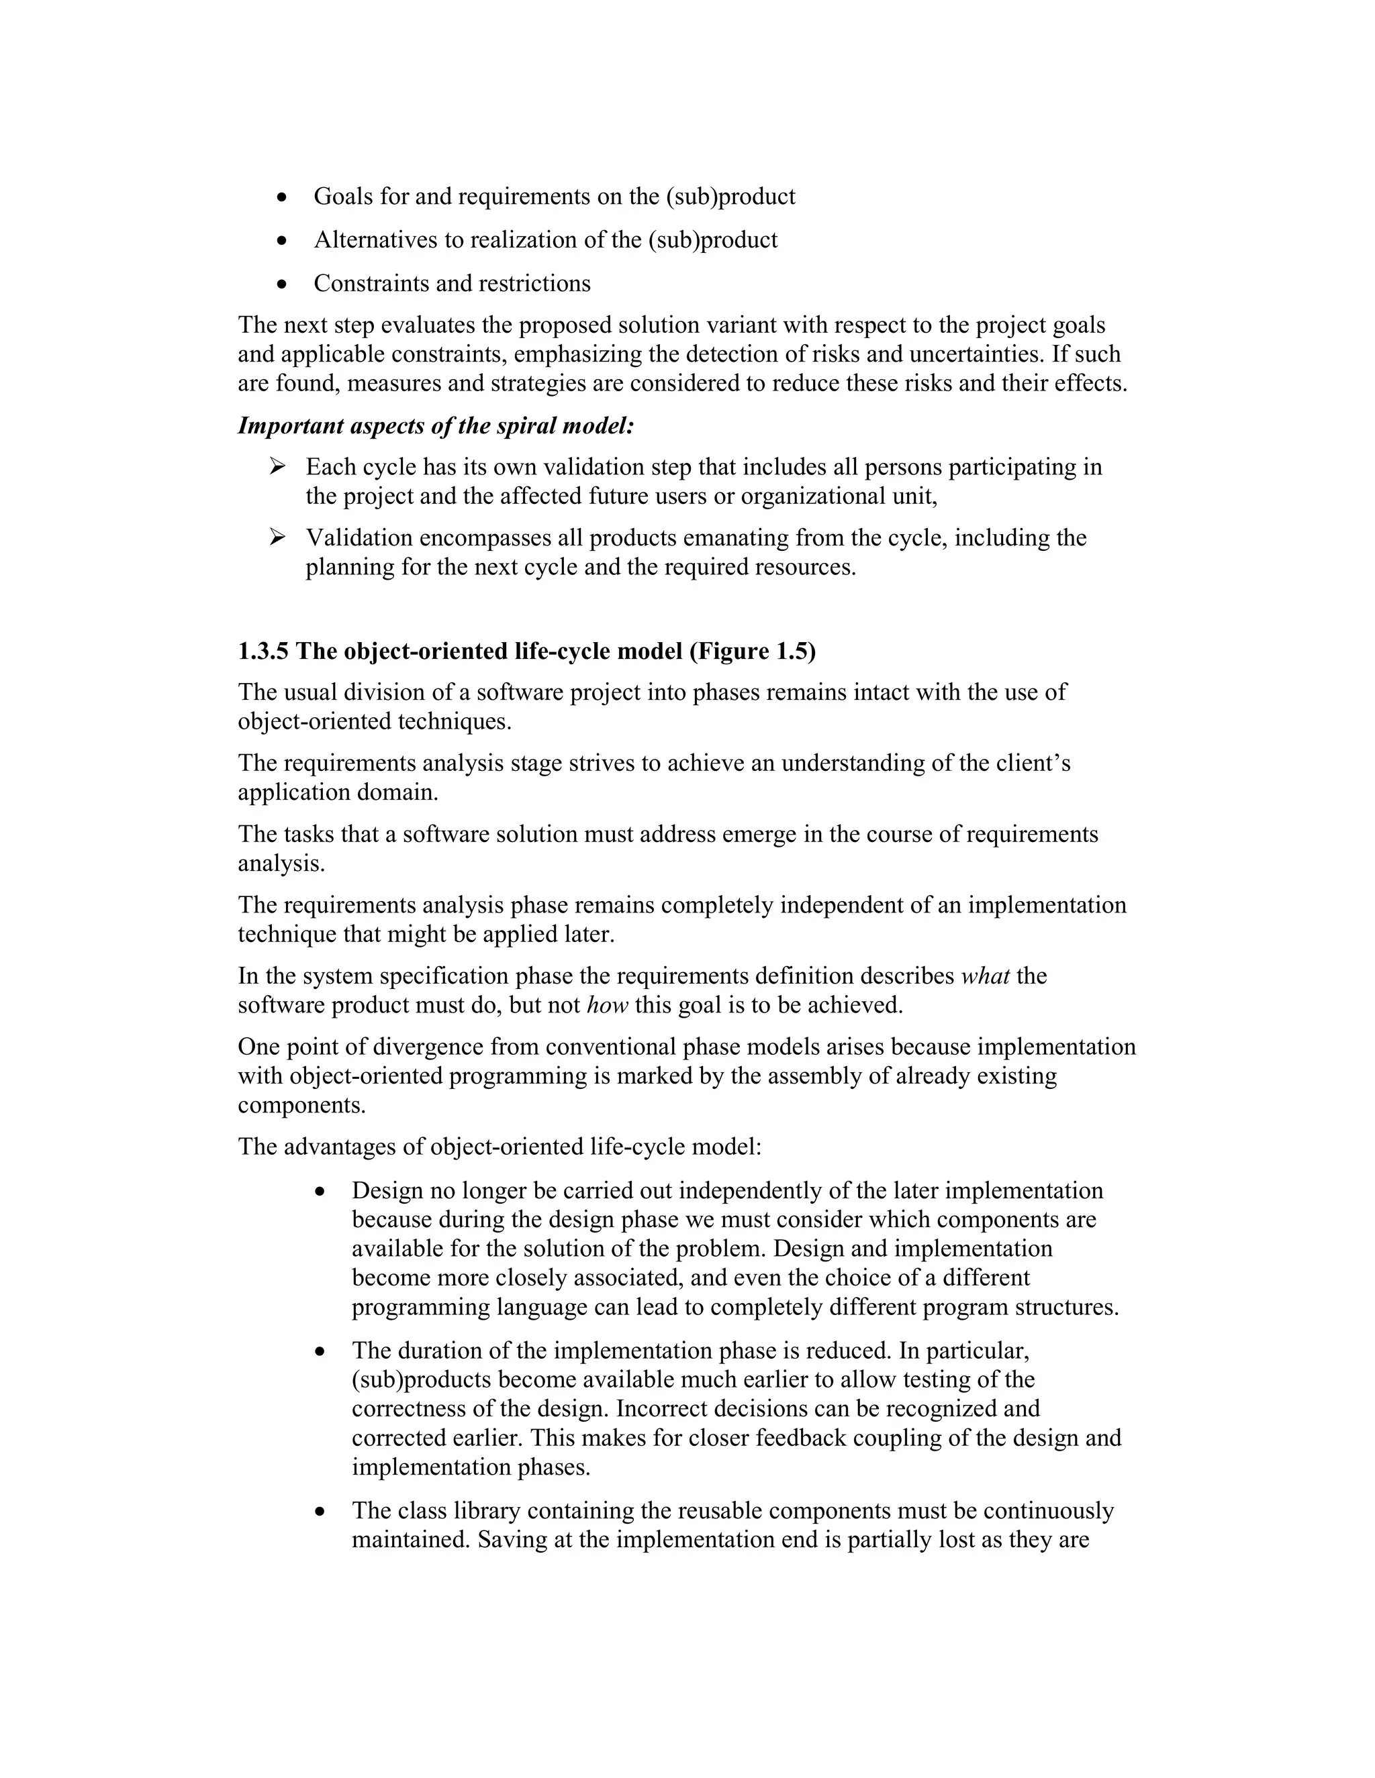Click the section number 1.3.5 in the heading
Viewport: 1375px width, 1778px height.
point(263,651)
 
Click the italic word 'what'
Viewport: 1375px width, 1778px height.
point(986,976)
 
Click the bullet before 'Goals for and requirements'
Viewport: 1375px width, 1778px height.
point(282,198)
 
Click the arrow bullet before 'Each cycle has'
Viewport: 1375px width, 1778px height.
point(278,466)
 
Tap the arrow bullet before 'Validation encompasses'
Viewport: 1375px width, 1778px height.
point(278,537)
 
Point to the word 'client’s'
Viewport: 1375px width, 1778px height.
point(1033,763)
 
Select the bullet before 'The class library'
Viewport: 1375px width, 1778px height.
point(320,1512)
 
